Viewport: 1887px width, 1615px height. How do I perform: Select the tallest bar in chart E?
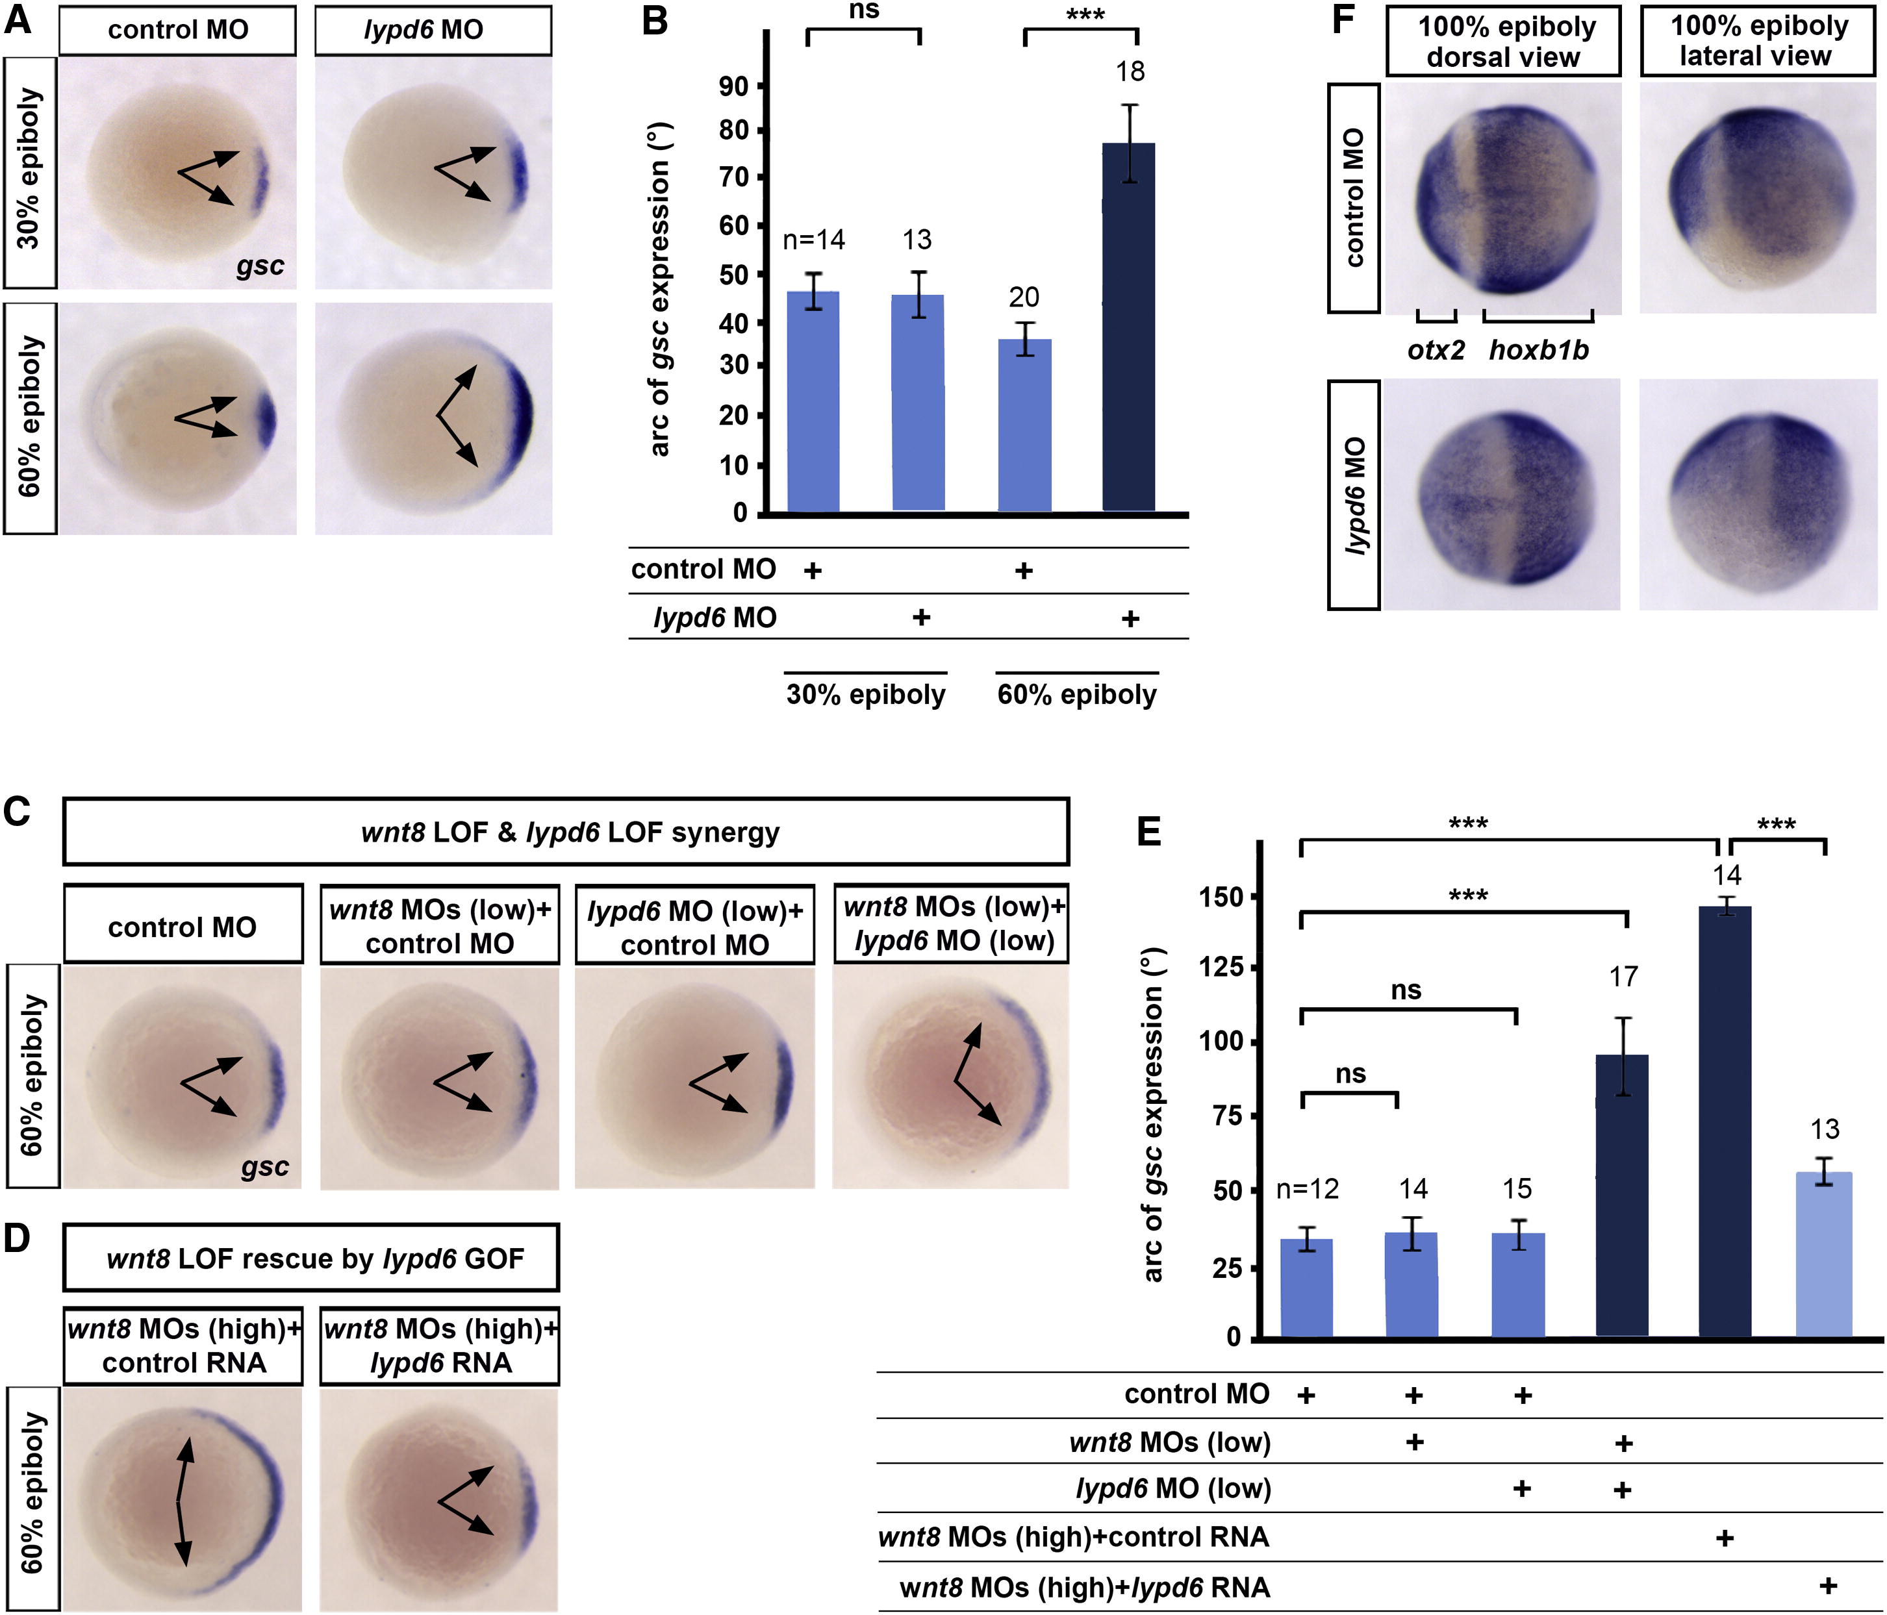[x=1725, y=1121]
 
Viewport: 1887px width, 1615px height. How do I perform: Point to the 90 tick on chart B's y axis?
[x=734, y=86]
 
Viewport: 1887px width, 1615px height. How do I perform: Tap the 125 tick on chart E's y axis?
[x=1221, y=967]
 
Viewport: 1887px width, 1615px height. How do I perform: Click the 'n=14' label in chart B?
[x=814, y=240]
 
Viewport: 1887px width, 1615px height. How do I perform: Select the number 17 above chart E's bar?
[x=1623, y=977]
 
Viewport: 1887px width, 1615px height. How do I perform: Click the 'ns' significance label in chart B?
[x=865, y=10]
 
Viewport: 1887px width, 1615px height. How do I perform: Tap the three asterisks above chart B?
[x=1083, y=14]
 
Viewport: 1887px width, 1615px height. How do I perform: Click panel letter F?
[x=1344, y=19]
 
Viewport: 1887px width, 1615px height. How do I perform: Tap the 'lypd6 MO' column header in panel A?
[x=424, y=30]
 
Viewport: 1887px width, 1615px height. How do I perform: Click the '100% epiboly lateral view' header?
[x=1758, y=41]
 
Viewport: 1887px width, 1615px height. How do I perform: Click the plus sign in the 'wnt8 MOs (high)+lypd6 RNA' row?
[x=1827, y=1585]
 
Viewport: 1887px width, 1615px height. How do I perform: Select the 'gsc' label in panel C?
[x=265, y=1167]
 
